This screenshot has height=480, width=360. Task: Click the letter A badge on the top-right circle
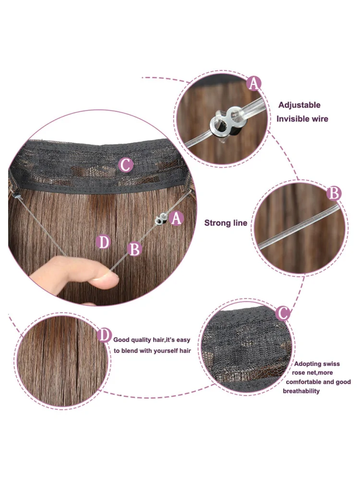(x=254, y=83)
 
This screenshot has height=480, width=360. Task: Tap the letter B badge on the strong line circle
(x=334, y=193)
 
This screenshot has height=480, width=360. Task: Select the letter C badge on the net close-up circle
(x=283, y=313)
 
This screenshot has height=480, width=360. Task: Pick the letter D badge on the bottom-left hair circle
(x=104, y=335)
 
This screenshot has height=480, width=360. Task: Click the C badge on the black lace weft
(x=125, y=165)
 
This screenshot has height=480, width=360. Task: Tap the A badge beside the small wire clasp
(x=176, y=218)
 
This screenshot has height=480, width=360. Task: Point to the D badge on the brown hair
(x=103, y=242)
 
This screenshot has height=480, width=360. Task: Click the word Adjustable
(x=300, y=105)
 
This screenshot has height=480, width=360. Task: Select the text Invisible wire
(x=302, y=119)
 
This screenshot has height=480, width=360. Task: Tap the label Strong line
(x=226, y=223)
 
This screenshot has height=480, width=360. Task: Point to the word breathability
(x=301, y=391)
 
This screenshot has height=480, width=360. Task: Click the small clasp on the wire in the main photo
(x=160, y=219)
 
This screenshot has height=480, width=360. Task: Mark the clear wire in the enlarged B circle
(x=299, y=227)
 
